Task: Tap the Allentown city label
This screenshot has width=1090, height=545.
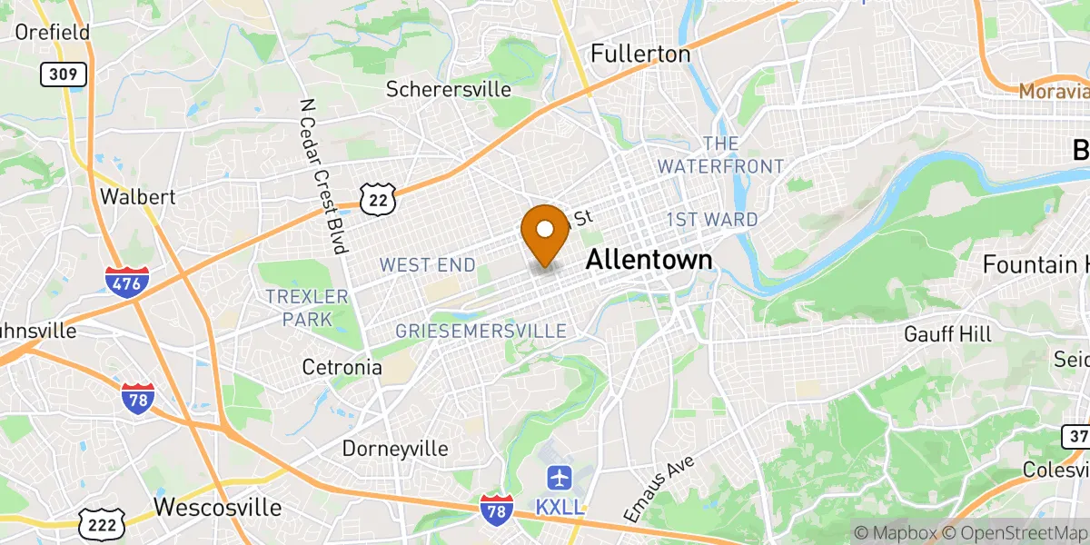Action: [649, 260]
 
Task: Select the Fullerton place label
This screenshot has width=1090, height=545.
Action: [640, 54]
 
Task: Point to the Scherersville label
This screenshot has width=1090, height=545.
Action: [449, 89]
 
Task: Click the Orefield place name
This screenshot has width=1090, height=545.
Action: [53, 33]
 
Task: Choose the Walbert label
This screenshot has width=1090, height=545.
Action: [137, 196]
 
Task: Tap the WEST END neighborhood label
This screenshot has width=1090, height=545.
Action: [427, 265]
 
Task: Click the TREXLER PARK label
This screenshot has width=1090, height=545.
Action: [307, 308]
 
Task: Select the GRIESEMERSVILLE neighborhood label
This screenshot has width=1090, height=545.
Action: [481, 332]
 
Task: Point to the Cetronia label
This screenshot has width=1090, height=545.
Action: [342, 368]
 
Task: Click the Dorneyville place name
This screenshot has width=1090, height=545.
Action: [395, 449]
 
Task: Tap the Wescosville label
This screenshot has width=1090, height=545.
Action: [218, 506]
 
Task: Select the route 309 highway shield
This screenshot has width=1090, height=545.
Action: [64, 74]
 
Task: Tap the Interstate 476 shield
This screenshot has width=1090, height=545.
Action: [123, 282]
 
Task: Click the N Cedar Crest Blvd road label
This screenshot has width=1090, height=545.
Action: [326, 177]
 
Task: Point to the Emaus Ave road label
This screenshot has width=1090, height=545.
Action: [659, 489]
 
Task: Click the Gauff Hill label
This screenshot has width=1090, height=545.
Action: [947, 334]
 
